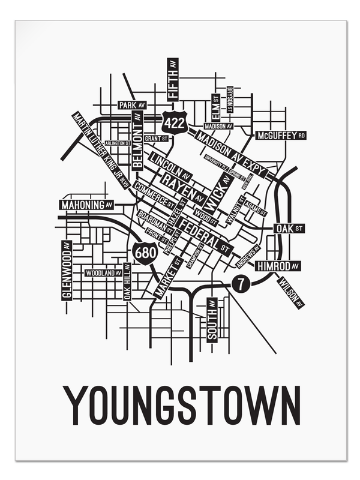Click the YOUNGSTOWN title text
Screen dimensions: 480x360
(182, 406)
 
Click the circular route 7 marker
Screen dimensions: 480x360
(240, 282)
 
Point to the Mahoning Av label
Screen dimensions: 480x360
(86, 205)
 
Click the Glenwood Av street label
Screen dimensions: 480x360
(66, 270)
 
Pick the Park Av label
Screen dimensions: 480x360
(132, 105)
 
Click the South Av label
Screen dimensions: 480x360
(212, 320)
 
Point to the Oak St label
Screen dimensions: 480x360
(289, 228)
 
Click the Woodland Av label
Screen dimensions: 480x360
(103, 273)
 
